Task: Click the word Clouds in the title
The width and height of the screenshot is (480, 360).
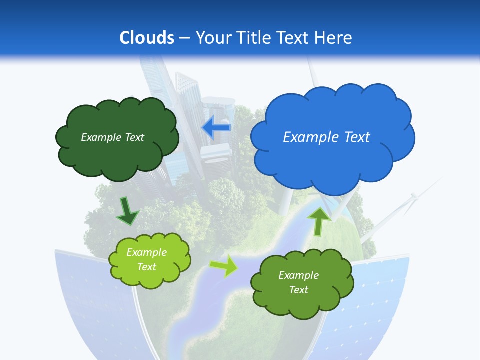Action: [x=147, y=37]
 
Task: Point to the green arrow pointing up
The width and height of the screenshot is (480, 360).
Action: [x=319, y=220]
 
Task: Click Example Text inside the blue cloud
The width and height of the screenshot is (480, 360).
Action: [x=326, y=137]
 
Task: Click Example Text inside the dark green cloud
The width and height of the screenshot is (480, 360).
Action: [x=112, y=137]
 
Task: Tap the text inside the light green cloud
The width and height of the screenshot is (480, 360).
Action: [x=147, y=260]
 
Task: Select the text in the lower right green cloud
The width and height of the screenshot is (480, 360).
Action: [x=298, y=282]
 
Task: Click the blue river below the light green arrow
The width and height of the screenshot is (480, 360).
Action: [x=210, y=295]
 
